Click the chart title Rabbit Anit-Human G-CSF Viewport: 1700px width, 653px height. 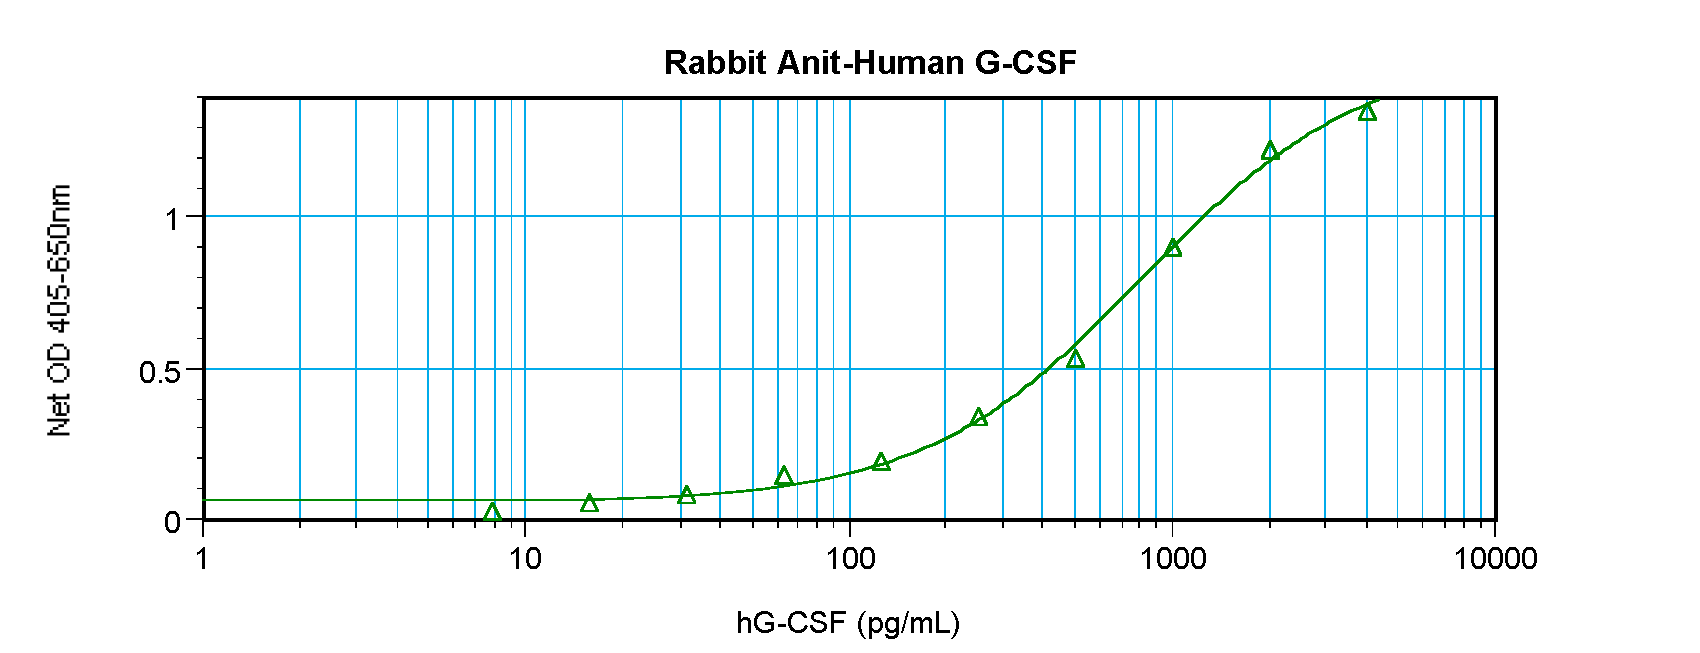pos(870,63)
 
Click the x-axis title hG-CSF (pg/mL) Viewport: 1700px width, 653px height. pos(848,623)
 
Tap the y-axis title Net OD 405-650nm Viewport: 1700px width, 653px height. pos(59,310)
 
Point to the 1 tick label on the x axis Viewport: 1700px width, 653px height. pos(203,558)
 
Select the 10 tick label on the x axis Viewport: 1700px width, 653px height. pos(525,558)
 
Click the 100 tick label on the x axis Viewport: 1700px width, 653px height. pos(850,558)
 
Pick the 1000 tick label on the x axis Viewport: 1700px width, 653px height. pos(1173,558)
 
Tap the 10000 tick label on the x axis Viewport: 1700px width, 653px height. pos(1495,558)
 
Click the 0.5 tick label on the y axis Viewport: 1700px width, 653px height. pos(160,372)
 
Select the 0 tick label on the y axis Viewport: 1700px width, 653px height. pos(173,522)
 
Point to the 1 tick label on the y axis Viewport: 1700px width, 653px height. pos(173,218)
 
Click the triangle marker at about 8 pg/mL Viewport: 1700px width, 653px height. pos(492,513)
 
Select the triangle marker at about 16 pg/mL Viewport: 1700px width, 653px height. pos(589,503)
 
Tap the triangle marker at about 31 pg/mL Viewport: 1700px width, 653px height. pos(686,495)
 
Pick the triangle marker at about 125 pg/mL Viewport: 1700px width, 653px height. pos(881,462)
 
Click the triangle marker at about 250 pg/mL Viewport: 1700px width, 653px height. pos(979,417)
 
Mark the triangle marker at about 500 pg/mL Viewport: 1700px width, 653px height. pos(1075,359)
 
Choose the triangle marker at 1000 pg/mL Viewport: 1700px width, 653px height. pos(1173,248)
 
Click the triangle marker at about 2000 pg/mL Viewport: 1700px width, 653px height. pos(1270,151)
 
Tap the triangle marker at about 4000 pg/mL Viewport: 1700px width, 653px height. pos(1367,112)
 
